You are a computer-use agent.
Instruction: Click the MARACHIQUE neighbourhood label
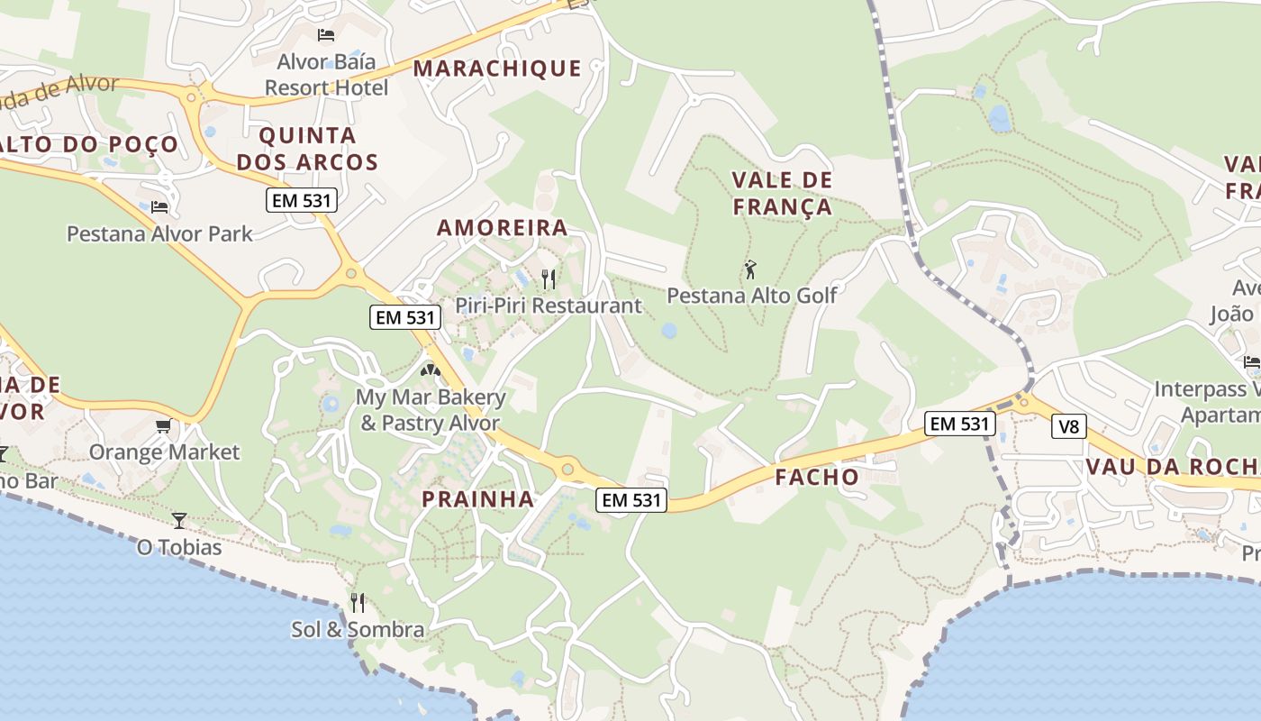point(497,68)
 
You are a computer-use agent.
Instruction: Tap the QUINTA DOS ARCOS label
point(319,150)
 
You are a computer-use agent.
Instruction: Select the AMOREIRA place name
point(503,228)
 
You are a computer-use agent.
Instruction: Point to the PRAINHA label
point(478,499)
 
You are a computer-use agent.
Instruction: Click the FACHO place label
point(817,478)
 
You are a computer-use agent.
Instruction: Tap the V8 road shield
point(1068,426)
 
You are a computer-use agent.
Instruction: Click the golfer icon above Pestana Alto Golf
point(750,269)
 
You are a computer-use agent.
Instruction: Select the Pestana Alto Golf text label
point(752,296)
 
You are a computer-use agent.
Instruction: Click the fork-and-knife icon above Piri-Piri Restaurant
point(548,279)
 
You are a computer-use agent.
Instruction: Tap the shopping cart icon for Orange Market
point(163,425)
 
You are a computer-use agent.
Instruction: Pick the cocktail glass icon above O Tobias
point(178,520)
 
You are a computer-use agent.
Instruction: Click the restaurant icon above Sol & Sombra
point(358,602)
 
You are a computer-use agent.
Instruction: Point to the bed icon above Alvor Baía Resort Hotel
point(326,35)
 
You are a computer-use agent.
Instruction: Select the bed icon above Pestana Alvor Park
point(159,206)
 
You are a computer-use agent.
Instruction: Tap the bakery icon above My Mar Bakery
point(431,370)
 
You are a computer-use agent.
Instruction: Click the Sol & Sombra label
point(358,630)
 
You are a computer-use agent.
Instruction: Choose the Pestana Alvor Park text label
point(160,234)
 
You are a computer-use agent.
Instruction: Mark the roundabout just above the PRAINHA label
point(567,469)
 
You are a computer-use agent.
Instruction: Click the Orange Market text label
point(164,452)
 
